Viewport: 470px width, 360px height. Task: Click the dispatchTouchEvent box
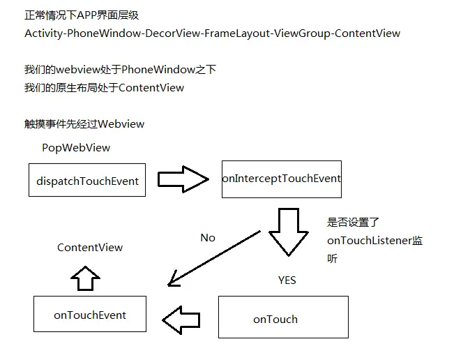tap(87, 181)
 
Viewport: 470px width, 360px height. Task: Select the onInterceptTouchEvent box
tap(282, 179)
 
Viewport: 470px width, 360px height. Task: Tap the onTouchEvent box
tap(90, 315)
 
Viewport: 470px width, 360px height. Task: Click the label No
tap(208, 238)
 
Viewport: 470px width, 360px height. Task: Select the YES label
tap(287, 280)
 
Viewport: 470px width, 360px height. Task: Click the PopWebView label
tap(76, 148)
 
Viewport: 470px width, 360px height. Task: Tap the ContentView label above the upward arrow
tap(90, 248)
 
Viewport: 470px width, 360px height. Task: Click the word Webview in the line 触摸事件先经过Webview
tap(121, 124)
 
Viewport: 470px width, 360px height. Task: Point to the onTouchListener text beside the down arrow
tap(370, 241)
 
